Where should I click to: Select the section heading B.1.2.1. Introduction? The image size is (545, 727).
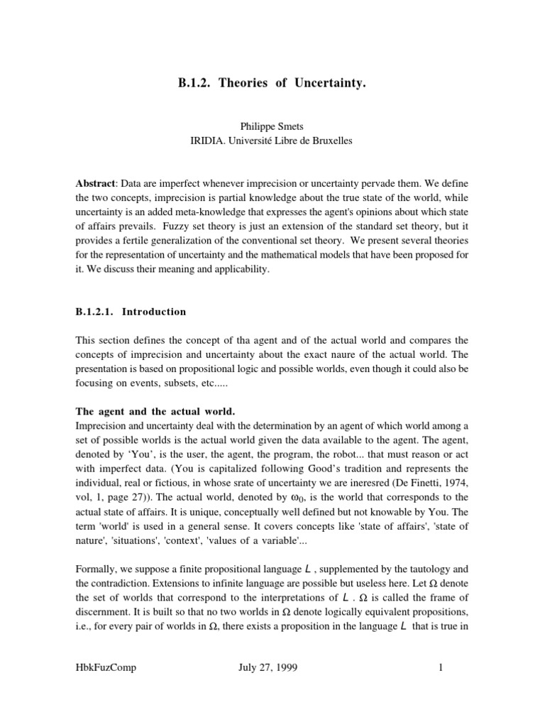(131, 312)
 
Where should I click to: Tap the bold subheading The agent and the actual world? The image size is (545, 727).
(154, 412)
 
